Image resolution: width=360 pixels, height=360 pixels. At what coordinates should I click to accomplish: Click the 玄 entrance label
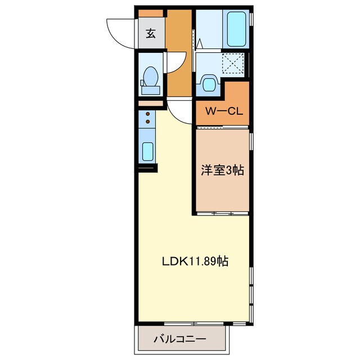pyautogui.click(x=151, y=33)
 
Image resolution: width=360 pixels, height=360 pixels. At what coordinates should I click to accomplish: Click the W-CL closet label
pyautogui.click(x=223, y=111)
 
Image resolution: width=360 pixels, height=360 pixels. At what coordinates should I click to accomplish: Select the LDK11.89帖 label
pyautogui.click(x=195, y=261)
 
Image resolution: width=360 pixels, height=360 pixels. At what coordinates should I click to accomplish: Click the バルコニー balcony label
pyautogui.click(x=179, y=340)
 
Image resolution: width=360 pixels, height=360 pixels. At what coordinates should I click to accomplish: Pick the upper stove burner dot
pyautogui.click(x=148, y=114)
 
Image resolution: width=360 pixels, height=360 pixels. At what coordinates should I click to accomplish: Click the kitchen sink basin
pyautogui.click(x=147, y=151)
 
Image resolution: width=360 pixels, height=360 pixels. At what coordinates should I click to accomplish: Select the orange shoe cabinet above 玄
pyautogui.click(x=151, y=13)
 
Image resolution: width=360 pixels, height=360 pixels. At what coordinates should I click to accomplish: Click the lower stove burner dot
pyautogui.click(x=148, y=121)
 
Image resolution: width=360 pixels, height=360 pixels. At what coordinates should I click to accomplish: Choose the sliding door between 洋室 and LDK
pyautogui.click(x=223, y=213)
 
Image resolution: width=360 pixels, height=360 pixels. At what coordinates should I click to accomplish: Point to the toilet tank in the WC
pyautogui.click(x=150, y=89)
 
